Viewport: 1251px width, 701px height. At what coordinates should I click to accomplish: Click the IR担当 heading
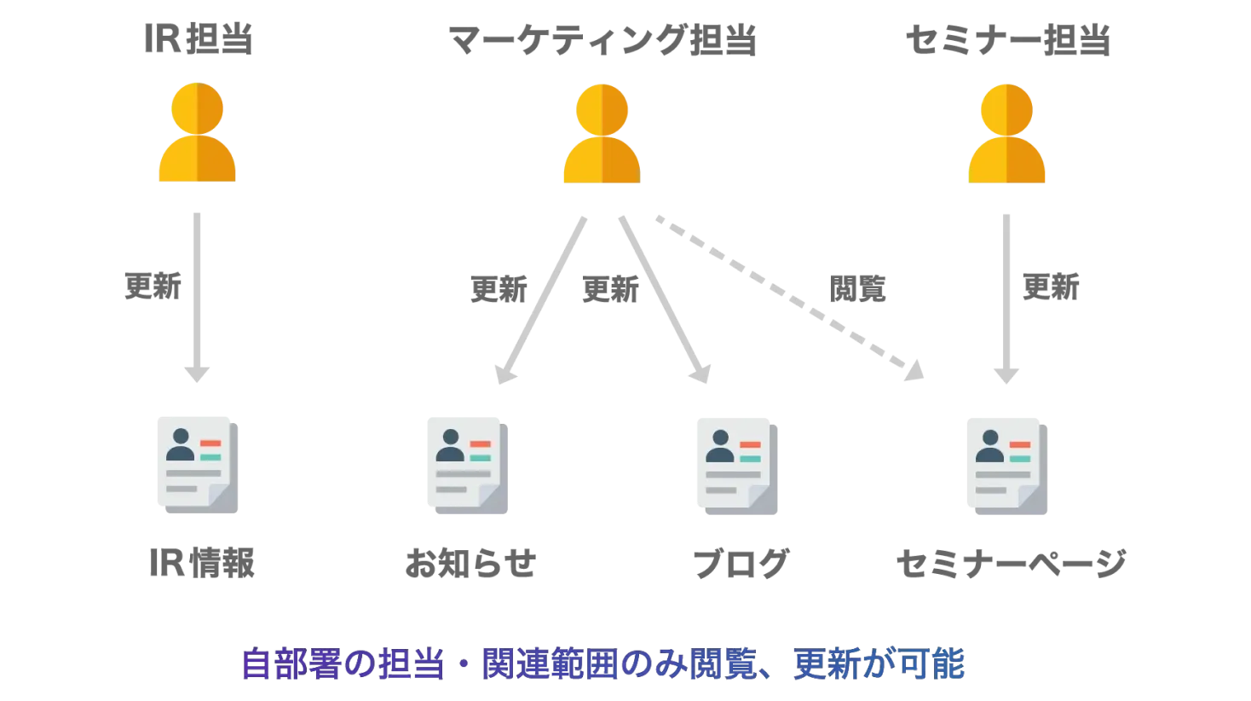199,39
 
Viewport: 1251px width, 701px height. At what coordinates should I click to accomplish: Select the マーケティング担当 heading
602,40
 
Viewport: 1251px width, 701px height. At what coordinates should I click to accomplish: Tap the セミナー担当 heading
1007,40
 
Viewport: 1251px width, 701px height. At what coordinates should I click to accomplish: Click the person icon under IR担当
197,132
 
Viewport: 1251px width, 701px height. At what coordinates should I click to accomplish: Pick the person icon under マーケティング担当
602,133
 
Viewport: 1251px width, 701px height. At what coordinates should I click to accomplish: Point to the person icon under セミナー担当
1006,133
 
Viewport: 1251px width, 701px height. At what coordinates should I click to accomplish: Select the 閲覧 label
857,289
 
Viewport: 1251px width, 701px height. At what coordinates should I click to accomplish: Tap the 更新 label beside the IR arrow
153,287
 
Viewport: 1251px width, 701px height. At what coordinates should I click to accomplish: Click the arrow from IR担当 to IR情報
197,298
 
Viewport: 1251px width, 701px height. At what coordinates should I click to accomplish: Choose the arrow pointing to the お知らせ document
541,300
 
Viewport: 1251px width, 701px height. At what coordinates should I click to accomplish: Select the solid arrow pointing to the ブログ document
665,299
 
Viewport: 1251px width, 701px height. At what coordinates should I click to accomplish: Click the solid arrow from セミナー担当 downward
1006,299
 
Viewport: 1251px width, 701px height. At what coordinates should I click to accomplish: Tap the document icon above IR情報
198,465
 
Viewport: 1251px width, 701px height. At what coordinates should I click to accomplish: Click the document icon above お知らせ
468,466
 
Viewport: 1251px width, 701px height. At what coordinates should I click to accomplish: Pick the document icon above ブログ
737,466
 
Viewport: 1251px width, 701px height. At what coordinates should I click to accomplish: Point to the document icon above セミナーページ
1007,466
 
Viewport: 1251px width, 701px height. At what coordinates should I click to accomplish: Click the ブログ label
741,564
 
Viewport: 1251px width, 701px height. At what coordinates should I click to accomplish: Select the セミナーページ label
1012,564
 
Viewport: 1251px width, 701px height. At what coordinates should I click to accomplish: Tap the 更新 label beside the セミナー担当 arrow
1051,287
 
